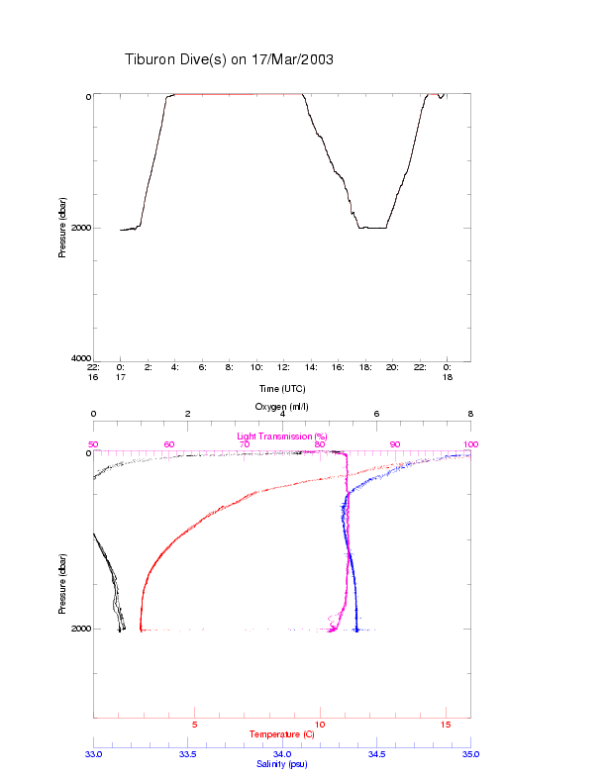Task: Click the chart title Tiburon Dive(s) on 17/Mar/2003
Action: [229, 59]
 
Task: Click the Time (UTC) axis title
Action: [282, 388]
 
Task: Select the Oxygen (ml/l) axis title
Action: [282, 407]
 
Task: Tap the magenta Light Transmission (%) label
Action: [282, 436]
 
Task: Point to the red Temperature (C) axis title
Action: [282, 734]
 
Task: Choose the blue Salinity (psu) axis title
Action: [282, 763]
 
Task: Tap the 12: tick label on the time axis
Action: [284, 366]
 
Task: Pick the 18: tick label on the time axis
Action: [365, 366]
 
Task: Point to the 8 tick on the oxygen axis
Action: [470, 415]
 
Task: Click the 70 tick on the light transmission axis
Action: [245, 444]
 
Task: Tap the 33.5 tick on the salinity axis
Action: [188, 754]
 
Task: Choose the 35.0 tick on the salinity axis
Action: [470, 754]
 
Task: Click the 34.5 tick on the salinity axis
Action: [376, 754]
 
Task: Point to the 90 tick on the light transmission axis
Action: [395, 444]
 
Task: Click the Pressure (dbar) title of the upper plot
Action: [62, 228]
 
